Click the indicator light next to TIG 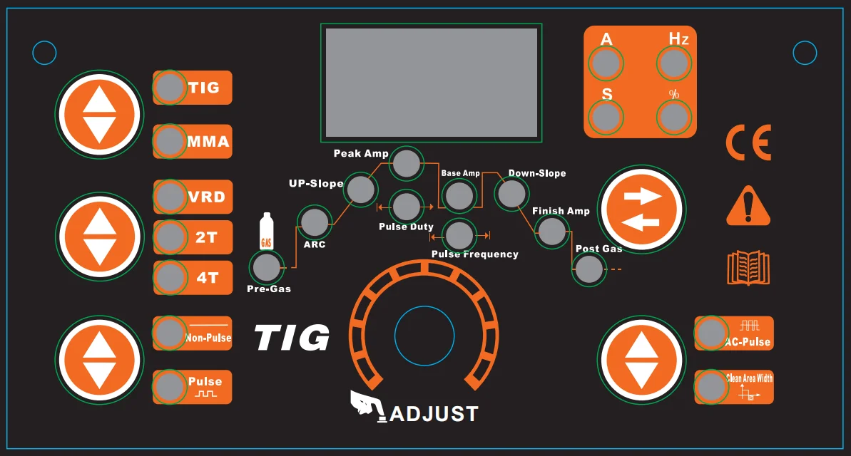(x=170, y=88)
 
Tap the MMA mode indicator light (x=170, y=141)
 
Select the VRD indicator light (x=170, y=196)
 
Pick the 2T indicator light (x=170, y=237)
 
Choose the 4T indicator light (x=170, y=278)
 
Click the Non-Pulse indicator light (x=170, y=333)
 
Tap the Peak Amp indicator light (x=407, y=164)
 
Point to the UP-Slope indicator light (x=361, y=190)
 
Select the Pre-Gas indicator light (x=266, y=268)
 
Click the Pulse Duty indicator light (x=407, y=207)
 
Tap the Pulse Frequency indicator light (x=459, y=235)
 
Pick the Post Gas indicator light (x=589, y=270)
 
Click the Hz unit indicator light (x=673, y=64)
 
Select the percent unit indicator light (x=673, y=116)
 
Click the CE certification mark (x=748, y=143)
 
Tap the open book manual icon (x=748, y=267)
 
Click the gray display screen (x=431, y=83)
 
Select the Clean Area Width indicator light (x=711, y=386)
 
